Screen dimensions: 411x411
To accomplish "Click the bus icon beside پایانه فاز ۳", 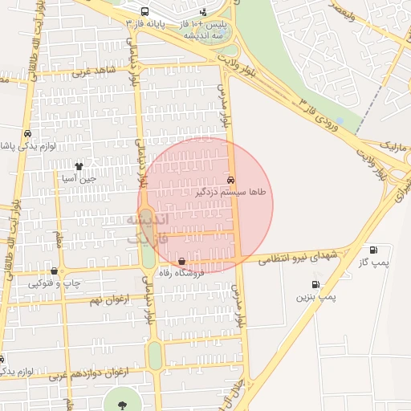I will (144, 12).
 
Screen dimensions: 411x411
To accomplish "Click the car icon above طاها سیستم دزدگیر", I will (231, 180).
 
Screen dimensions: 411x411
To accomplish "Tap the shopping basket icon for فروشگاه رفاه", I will (182, 261).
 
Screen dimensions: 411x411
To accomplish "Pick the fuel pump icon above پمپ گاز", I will (372, 250).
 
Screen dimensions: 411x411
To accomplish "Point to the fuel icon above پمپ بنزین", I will (315, 284).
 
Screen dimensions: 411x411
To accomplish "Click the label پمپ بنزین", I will (315, 297).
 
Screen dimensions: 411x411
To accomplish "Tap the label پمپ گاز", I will (373, 262).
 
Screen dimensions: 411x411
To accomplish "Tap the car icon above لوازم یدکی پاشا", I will (27, 134).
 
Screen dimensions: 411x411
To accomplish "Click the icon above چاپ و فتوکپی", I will (54, 271).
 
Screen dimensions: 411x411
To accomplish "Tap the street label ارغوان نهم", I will (107, 299).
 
